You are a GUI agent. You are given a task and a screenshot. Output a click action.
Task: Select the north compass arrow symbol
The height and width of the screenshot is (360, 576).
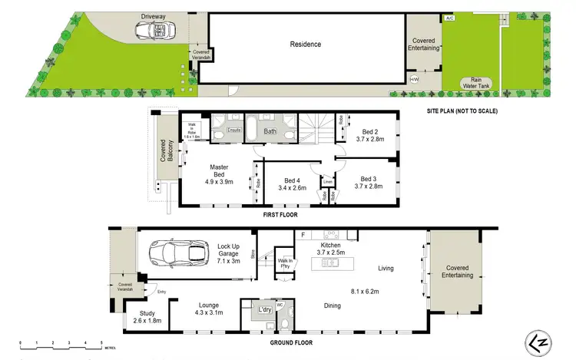(538, 341)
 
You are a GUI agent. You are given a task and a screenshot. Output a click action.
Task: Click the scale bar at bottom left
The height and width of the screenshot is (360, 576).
(61, 342)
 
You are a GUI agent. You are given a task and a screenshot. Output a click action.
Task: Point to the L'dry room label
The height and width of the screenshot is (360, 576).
(264, 309)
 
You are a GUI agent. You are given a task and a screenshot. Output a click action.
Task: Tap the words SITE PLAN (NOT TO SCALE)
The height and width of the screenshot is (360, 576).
(462, 111)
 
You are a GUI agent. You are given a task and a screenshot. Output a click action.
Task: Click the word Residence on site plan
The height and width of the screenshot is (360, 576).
(305, 44)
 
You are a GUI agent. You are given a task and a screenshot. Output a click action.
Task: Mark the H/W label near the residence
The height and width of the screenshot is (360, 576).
(414, 79)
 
